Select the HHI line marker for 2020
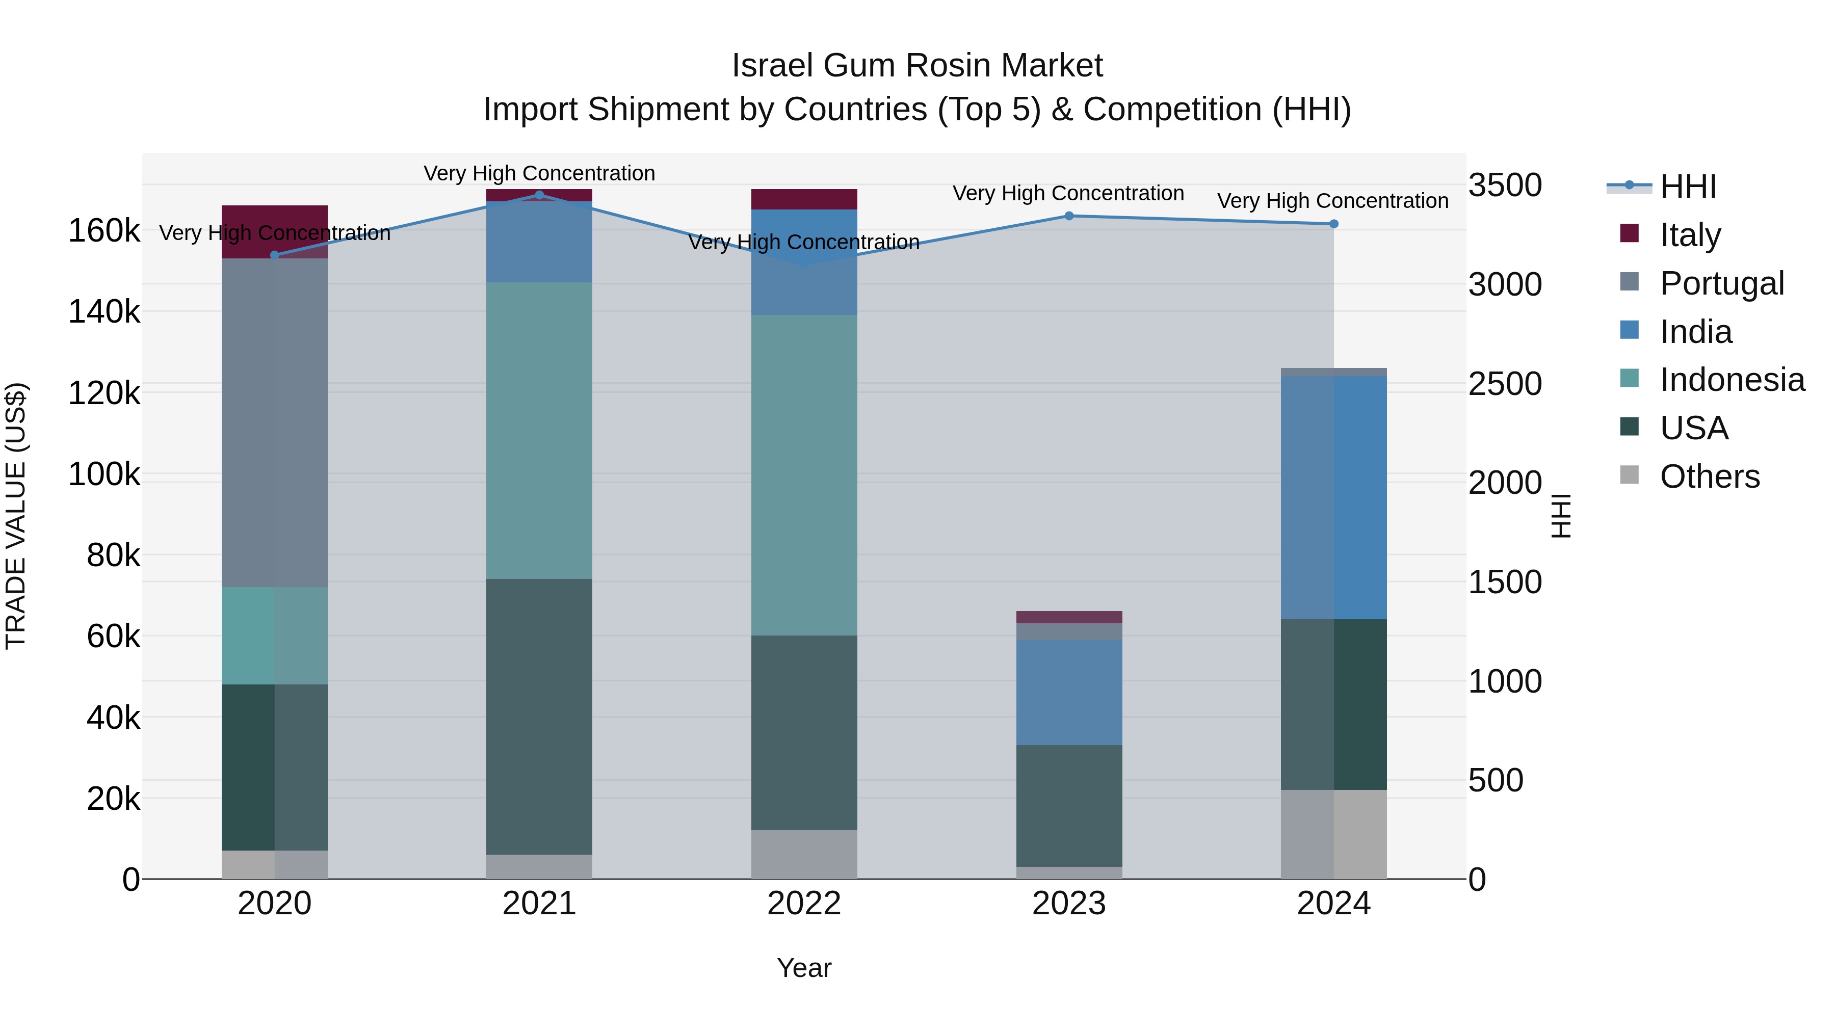pyautogui.click(x=275, y=255)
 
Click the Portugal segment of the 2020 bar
pyautogui.click(x=275, y=422)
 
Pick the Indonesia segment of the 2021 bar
pyautogui.click(x=539, y=430)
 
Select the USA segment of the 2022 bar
pyautogui.click(x=804, y=732)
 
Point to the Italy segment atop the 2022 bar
pyautogui.click(x=804, y=199)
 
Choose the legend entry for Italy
pyautogui.click(x=1690, y=234)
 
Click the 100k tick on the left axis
pyautogui.click(x=104, y=473)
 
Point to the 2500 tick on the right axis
pyautogui.click(x=1505, y=383)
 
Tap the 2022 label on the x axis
pyautogui.click(x=804, y=904)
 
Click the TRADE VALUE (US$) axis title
pyautogui.click(x=16, y=516)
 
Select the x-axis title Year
pyautogui.click(x=804, y=968)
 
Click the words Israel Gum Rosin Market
pyautogui.click(x=917, y=66)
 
